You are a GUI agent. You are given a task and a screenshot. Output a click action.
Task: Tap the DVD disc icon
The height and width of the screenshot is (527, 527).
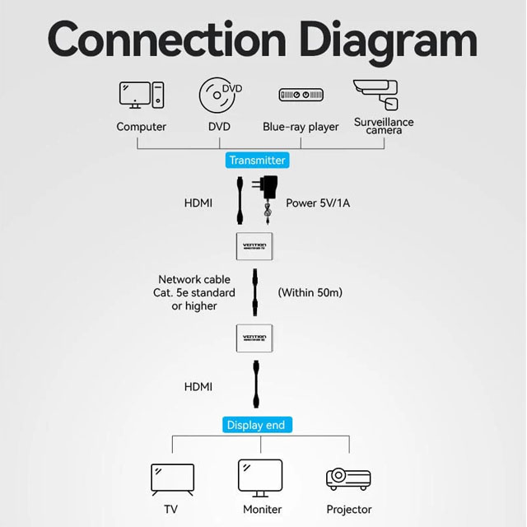[x=220, y=95]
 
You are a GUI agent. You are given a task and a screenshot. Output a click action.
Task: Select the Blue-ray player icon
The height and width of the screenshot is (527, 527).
[x=301, y=96]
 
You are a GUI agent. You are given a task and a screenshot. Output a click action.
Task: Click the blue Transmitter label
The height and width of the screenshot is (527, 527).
[x=257, y=161]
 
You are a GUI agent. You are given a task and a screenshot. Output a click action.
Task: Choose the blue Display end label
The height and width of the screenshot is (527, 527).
[x=256, y=425]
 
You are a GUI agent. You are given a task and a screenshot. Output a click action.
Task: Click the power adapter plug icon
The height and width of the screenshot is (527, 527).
[x=268, y=197]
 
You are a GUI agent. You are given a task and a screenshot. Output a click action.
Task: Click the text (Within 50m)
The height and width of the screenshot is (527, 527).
[x=310, y=292]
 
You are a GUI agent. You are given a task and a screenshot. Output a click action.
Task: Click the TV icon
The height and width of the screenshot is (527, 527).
[x=172, y=478]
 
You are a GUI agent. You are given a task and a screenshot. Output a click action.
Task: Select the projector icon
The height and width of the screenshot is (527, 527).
[x=347, y=478]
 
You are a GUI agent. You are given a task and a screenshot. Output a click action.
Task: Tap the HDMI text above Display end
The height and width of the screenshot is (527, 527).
[x=198, y=386]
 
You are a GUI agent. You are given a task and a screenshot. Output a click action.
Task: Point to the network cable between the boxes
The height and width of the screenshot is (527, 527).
[x=256, y=292]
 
